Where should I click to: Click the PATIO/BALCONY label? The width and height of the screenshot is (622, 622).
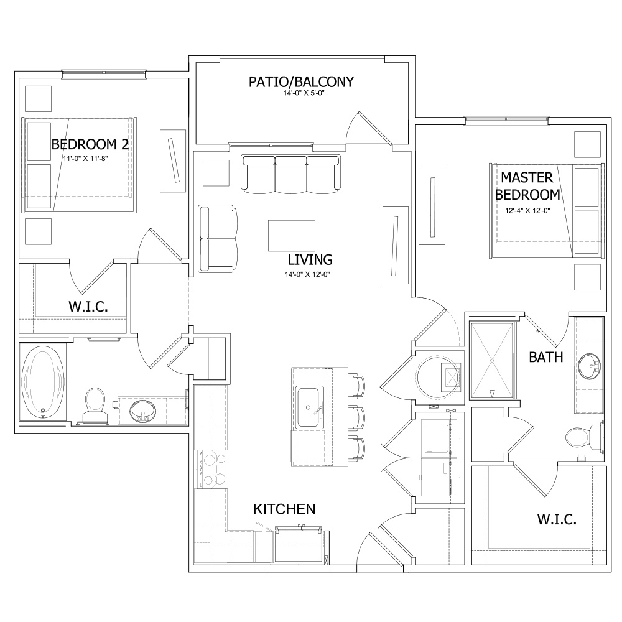301,81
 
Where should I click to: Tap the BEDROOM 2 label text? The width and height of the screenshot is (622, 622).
90,144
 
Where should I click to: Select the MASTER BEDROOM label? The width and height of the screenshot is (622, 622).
527,186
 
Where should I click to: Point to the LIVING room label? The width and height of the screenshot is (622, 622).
310,260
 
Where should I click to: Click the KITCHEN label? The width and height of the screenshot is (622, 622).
284,509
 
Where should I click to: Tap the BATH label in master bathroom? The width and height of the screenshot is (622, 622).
546,358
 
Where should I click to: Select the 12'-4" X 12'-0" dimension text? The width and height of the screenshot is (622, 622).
527,211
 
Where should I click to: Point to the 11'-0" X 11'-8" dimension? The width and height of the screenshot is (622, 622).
85,159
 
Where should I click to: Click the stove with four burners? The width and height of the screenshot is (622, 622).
213,469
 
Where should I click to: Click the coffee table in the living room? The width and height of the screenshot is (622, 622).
292,236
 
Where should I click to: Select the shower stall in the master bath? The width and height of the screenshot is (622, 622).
492,360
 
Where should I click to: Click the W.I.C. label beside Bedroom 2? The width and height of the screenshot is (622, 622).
88,307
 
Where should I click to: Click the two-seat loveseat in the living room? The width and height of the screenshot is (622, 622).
218,239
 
